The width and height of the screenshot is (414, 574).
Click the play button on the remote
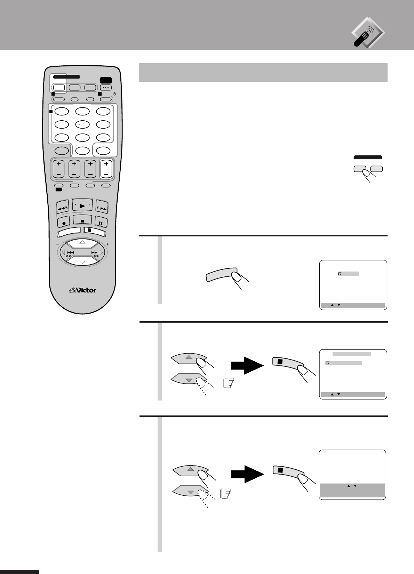(82, 206)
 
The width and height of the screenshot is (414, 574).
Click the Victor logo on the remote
(82, 289)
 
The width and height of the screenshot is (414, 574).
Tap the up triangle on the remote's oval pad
(82, 242)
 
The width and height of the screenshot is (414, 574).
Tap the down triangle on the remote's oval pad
(82, 262)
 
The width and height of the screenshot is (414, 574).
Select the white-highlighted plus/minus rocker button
(106, 169)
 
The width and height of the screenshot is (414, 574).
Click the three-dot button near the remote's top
(106, 88)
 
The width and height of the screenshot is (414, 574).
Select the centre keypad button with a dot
(83, 124)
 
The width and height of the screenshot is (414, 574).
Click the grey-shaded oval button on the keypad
(62, 151)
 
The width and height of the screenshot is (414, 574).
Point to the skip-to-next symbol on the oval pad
(95, 253)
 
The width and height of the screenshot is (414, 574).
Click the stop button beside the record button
(82, 220)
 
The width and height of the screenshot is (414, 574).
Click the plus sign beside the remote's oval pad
(107, 244)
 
